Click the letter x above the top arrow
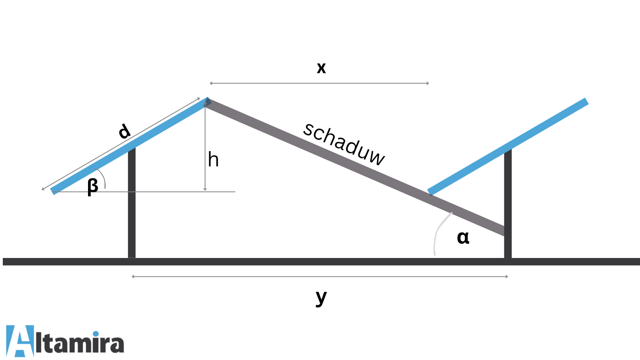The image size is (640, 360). tap(321, 68)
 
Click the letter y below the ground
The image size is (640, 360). tap(321, 297)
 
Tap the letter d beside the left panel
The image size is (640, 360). tap(124, 131)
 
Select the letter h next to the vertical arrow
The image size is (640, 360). tap(213, 160)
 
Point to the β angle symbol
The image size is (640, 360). tap(93, 186)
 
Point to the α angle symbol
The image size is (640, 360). tap(463, 237)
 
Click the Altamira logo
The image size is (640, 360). tap(65, 341)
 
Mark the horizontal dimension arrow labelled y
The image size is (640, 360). tap(320, 276)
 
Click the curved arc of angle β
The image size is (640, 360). tap(104, 178)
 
